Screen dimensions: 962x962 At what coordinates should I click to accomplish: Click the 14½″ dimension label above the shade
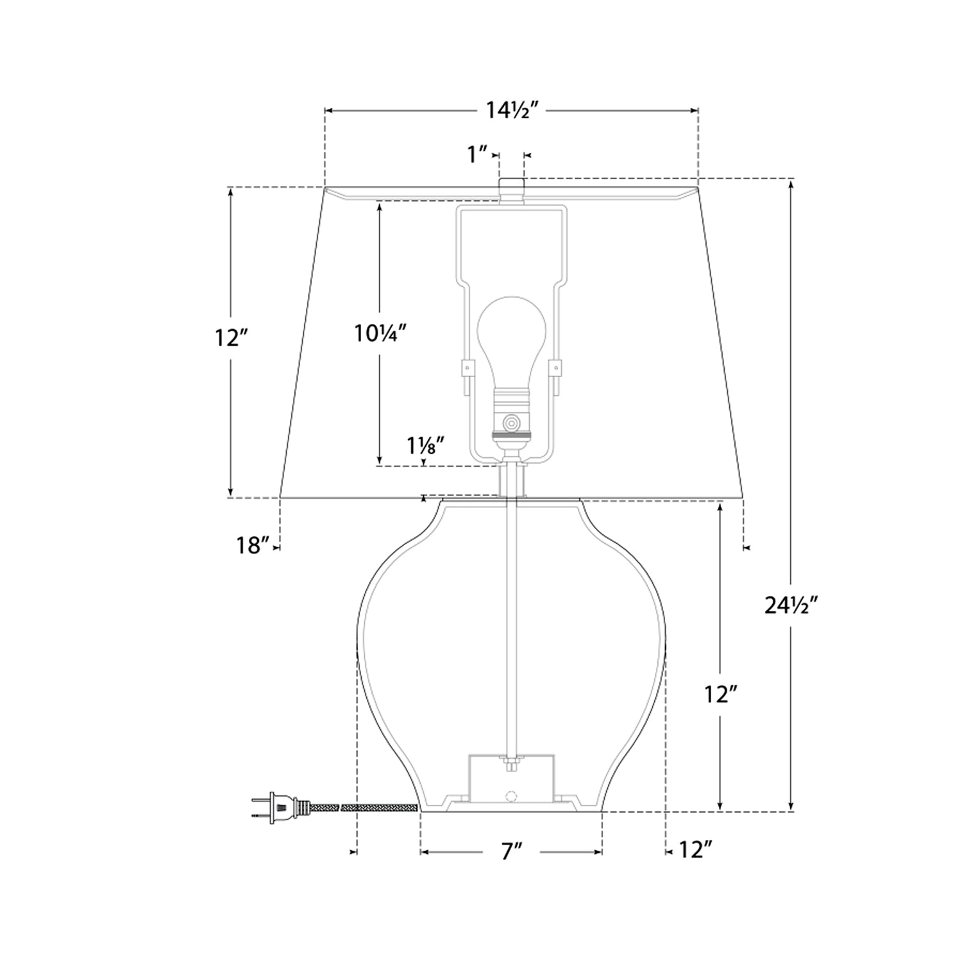coord(511,111)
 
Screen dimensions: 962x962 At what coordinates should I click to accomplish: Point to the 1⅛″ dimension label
coord(425,445)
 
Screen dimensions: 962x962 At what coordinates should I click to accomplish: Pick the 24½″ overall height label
coord(793,605)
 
